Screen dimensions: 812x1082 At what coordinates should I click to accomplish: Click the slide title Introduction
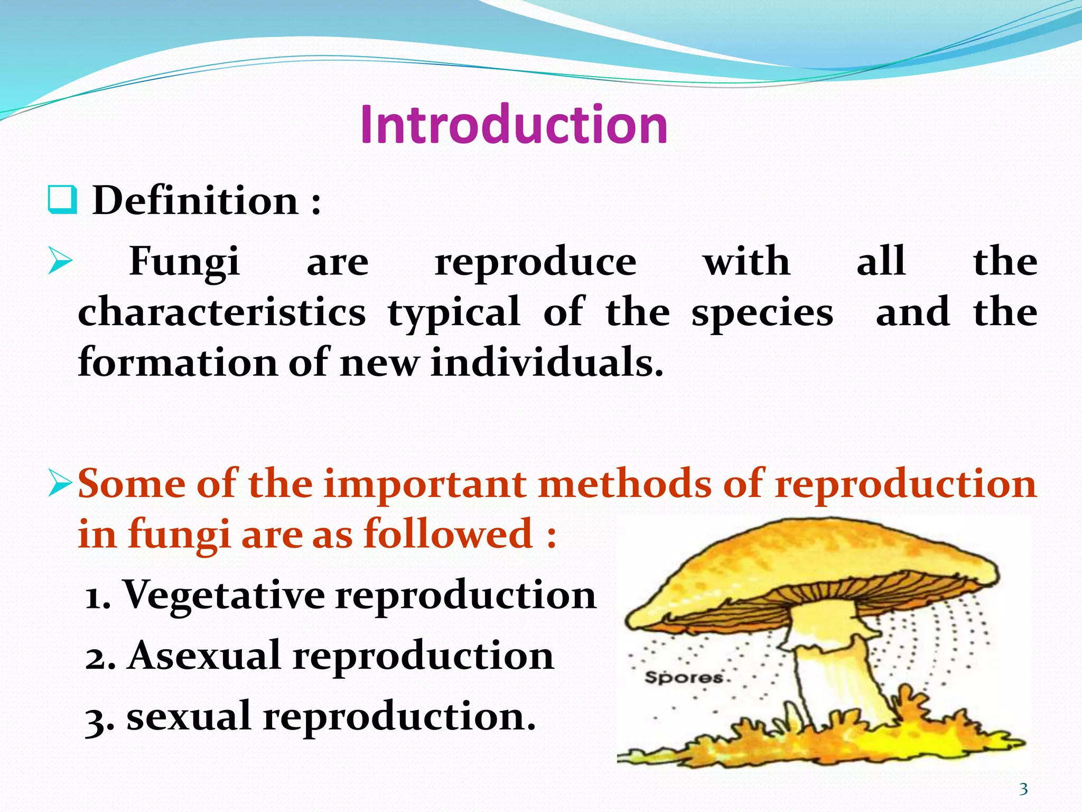point(514,125)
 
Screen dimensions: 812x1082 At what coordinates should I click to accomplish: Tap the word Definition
point(195,201)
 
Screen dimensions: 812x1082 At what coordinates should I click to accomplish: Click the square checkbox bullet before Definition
point(62,200)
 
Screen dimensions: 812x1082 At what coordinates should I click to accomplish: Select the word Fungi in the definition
point(184,262)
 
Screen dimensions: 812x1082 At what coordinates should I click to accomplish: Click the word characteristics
point(221,312)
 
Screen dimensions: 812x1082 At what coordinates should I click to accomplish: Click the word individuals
point(546,363)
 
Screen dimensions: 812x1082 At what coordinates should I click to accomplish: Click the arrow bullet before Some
point(59,483)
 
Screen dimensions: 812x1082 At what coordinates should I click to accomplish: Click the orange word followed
point(448,534)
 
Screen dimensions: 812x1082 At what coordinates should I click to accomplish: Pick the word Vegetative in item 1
point(224,595)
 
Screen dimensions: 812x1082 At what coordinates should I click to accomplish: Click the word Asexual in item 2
point(203,656)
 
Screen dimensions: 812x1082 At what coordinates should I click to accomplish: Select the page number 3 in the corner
point(1023,789)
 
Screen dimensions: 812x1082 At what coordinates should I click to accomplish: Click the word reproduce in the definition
point(535,262)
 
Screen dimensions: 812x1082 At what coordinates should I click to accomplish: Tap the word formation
point(178,363)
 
